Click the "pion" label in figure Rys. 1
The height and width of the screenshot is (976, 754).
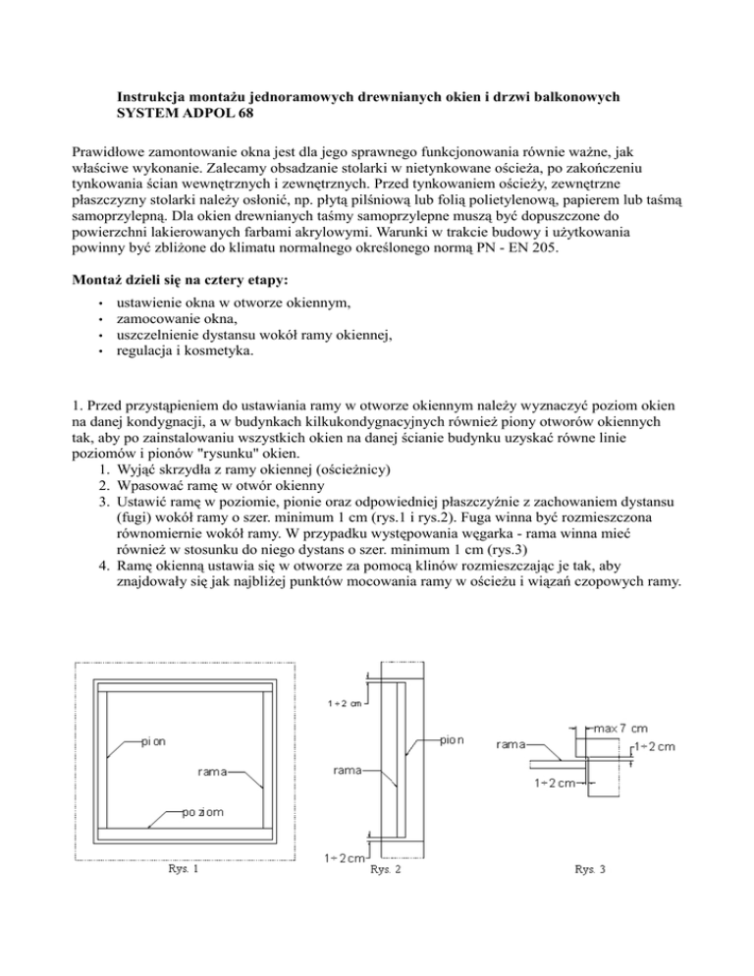click(x=152, y=741)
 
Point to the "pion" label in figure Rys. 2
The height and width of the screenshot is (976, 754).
click(x=452, y=740)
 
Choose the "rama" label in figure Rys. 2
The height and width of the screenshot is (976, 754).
click(x=350, y=770)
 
